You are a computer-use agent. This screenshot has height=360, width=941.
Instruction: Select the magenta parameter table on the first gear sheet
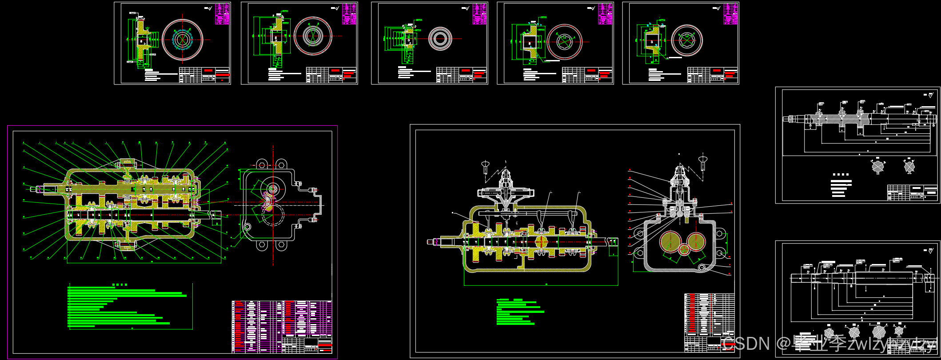(222, 14)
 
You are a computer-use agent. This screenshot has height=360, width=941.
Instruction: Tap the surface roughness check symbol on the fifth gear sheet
(717, 8)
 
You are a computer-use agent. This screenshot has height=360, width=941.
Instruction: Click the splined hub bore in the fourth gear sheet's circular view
(564, 42)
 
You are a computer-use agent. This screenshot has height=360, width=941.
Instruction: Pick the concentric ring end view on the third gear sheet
(440, 39)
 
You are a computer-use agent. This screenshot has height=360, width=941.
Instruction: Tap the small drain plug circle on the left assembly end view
(247, 227)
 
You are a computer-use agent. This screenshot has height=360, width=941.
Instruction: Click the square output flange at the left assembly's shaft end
(216, 216)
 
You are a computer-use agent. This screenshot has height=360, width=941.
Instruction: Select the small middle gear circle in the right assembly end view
(684, 249)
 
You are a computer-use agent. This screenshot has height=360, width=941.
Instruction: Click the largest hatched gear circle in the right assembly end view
(670, 242)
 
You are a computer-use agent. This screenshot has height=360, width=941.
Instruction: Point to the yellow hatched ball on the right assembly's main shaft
(541, 242)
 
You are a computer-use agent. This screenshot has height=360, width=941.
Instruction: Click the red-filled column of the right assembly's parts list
(691, 313)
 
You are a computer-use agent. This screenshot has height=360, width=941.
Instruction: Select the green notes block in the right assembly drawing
(520, 312)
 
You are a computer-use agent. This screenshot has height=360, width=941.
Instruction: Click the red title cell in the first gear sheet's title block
(208, 71)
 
